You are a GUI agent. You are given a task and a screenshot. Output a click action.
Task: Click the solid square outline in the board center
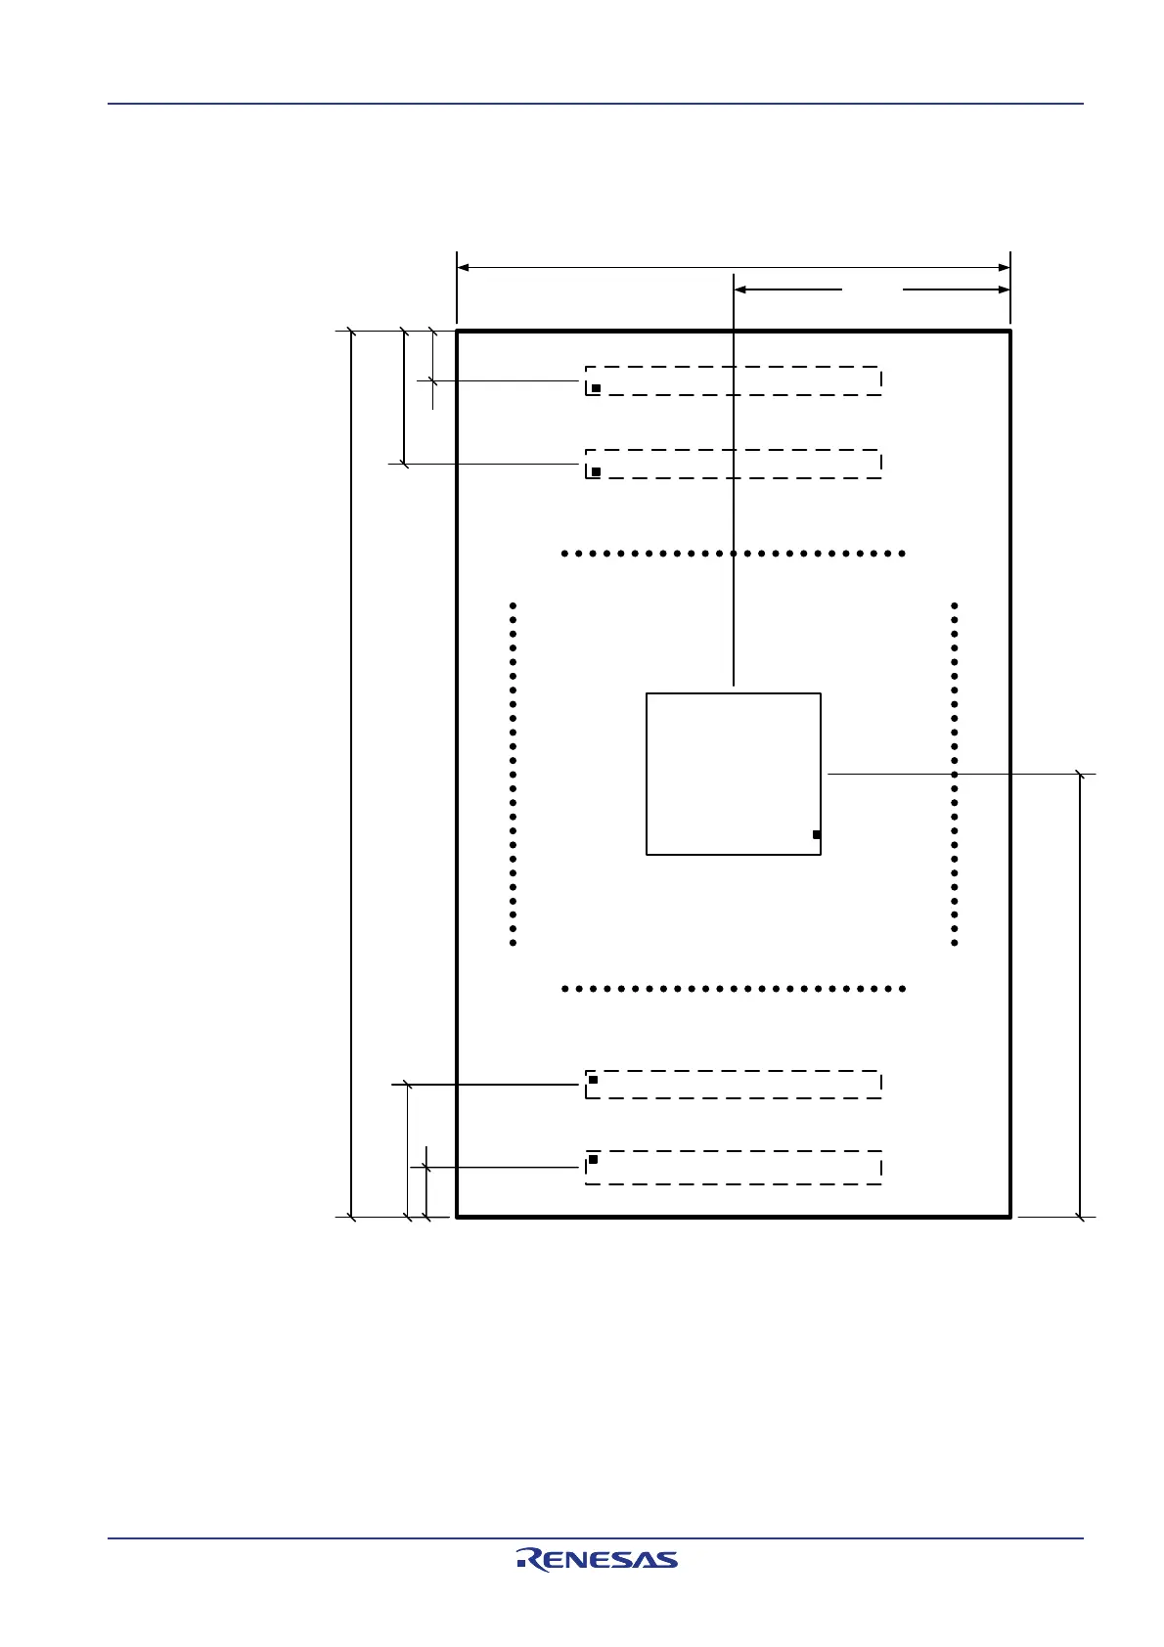[x=734, y=774]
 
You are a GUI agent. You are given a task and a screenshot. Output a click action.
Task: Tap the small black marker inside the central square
[x=816, y=834]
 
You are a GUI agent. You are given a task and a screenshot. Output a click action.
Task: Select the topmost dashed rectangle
[x=734, y=381]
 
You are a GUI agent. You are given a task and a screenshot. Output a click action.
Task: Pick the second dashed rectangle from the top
[x=734, y=465]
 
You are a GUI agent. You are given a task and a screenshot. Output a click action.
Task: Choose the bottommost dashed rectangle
[x=734, y=1168]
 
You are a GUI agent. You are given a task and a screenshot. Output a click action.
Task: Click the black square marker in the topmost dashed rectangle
[x=596, y=388]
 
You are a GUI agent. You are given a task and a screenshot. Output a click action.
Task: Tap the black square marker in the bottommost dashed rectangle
[x=593, y=1159]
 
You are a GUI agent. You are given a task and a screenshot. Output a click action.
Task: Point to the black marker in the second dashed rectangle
[x=596, y=471]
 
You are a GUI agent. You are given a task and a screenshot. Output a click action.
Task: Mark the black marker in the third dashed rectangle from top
[x=593, y=1080]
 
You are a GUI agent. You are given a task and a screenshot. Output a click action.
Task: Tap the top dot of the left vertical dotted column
[x=514, y=605]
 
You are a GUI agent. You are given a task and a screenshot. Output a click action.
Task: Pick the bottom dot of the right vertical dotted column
[x=955, y=943]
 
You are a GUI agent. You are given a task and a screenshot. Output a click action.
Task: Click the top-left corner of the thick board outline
[x=457, y=332]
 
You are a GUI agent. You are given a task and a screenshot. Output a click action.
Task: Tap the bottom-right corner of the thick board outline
[x=1009, y=1217]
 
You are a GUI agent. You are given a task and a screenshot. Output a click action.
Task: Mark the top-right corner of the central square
[x=821, y=693]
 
